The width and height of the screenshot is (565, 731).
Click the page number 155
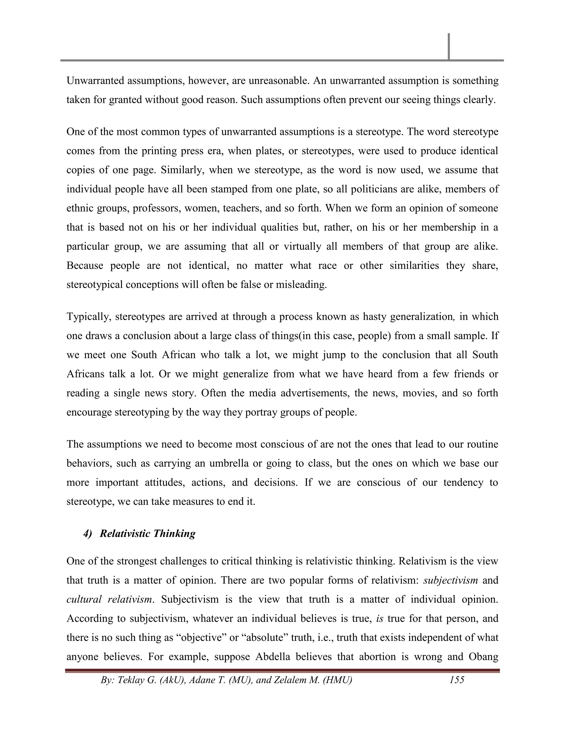457,680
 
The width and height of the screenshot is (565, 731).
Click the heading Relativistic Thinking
147,533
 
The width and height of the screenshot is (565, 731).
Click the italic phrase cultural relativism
110,599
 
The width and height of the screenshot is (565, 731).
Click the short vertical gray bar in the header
449,47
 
